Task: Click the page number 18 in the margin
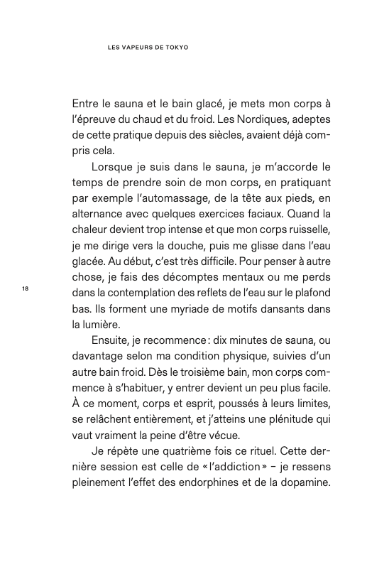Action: coord(26,288)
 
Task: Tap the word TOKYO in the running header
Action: coord(182,49)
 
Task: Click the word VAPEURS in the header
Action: coord(136,49)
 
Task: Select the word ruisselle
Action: coord(301,237)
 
